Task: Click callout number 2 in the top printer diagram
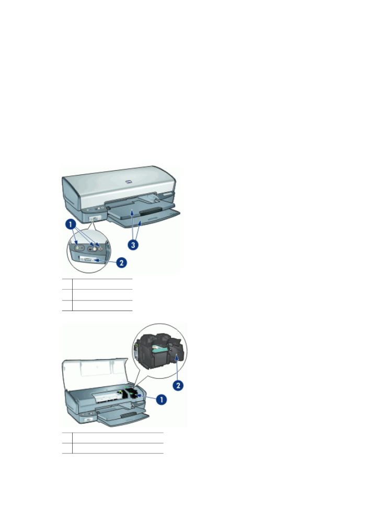coord(122,263)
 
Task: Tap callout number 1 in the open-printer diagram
coord(163,399)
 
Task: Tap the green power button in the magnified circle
coord(78,247)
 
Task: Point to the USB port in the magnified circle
coord(88,259)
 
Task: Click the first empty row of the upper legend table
coord(102,284)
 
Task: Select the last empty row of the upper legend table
coord(102,305)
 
